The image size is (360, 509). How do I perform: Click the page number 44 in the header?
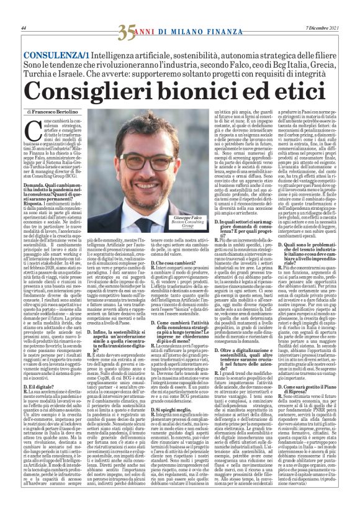click(23, 29)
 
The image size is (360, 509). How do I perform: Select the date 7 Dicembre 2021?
click(323, 29)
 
